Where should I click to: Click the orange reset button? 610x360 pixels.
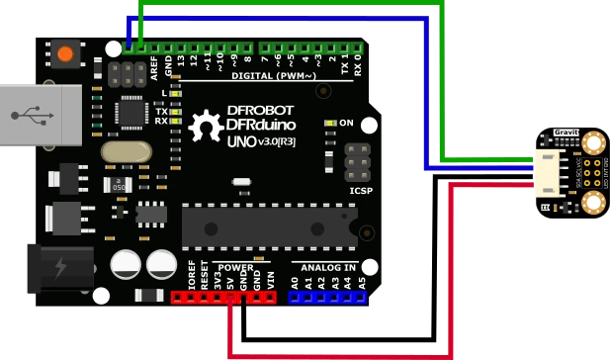pos(66,52)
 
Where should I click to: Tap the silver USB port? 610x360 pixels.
pos(40,116)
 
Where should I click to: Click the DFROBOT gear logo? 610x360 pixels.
pos(205,127)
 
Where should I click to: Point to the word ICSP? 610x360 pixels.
pos(361,190)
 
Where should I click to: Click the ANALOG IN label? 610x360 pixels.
pos(327,267)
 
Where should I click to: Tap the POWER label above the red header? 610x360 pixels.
pos(235,267)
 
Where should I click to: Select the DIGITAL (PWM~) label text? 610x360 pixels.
pos(274,76)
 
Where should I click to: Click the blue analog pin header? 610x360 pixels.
pos(327,297)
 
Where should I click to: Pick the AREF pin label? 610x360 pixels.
pos(154,66)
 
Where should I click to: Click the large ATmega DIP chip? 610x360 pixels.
pos(269,226)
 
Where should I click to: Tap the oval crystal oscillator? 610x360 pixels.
pos(126,151)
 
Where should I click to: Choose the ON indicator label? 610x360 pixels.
pos(346,123)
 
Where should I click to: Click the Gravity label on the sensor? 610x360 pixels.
pos(566,132)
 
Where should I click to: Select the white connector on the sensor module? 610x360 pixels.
pos(547,172)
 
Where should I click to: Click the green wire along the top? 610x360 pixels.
pos(297,4)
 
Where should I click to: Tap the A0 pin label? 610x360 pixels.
pos(295,282)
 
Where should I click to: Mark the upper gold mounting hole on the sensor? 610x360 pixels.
pos(593,141)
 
